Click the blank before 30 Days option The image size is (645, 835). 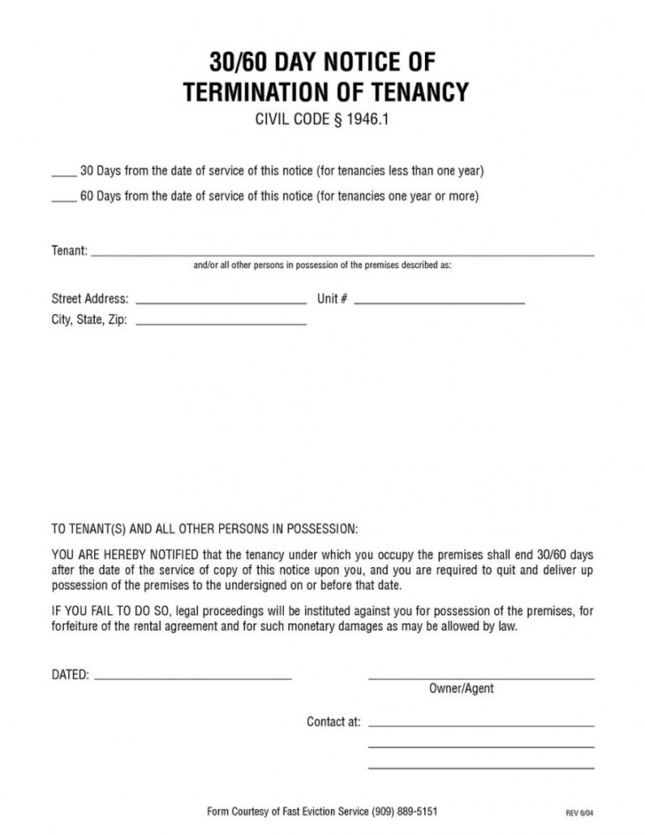tap(64, 176)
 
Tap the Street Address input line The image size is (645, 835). tap(221, 302)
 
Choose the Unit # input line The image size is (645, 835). tap(439, 302)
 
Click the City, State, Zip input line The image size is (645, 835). tap(221, 323)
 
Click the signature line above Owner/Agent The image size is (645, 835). tap(481, 677)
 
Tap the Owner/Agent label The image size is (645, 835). tap(462, 689)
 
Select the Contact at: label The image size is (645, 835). tap(333, 722)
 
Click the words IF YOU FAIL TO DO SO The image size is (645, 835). tap(106, 610)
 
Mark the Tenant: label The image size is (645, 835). tap(70, 250)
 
